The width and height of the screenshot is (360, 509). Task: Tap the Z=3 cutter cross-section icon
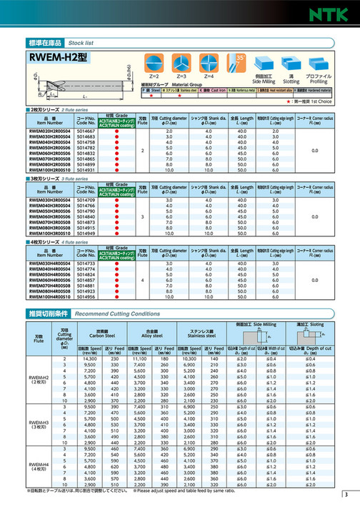(x=181, y=62)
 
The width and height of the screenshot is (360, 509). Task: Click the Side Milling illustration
(x=265, y=62)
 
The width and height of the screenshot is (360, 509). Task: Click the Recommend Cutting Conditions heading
(x=117, y=313)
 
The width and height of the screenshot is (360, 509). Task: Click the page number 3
(x=346, y=495)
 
